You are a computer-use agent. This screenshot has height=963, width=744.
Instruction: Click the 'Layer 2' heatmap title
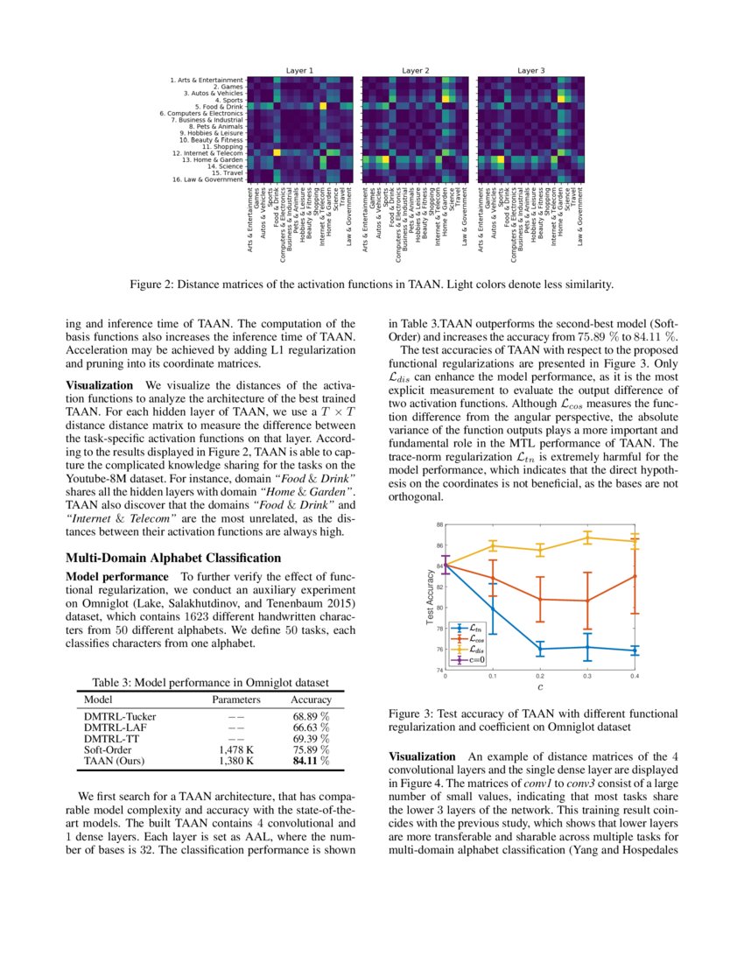[415, 69]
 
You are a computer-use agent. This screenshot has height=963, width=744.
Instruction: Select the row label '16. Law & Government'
[207, 179]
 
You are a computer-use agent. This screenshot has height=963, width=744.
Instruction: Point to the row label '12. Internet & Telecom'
[207, 153]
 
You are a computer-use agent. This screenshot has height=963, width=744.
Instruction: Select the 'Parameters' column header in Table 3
[236, 700]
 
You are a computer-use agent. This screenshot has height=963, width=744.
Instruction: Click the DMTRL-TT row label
[109, 739]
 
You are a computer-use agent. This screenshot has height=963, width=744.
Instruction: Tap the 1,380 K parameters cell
[236, 761]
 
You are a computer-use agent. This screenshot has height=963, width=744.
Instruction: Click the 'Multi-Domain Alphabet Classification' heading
[173, 558]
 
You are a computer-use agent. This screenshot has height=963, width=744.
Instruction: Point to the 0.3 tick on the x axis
[586, 676]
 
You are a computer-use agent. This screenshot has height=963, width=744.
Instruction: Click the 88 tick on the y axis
[440, 524]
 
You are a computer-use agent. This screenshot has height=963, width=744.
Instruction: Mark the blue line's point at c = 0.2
[539, 649]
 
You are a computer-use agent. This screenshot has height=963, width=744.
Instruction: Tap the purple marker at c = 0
[446, 566]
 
